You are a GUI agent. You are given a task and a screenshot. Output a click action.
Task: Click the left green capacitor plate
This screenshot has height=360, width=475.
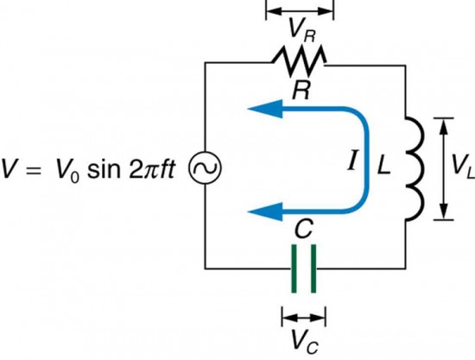pyautogui.click(x=292, y=268)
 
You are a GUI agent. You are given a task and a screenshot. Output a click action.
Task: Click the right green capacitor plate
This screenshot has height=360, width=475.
pyautogui.click(x=311, y=268)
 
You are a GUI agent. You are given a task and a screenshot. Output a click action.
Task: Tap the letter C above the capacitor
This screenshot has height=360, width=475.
pyautogui.click(x=301, y=229)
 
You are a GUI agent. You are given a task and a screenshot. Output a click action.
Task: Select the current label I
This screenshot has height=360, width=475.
pyautogui.click(x=353, y=162)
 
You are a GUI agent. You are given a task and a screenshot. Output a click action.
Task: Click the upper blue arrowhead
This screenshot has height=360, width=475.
pyautogui.click(x=261, y=108)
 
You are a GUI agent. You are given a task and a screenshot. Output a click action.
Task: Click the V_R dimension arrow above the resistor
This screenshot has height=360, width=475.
pyautogui.click(x=299, y=10)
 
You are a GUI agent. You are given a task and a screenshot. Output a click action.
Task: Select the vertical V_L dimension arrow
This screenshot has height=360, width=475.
pyautogui.click(x=442, y=169)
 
